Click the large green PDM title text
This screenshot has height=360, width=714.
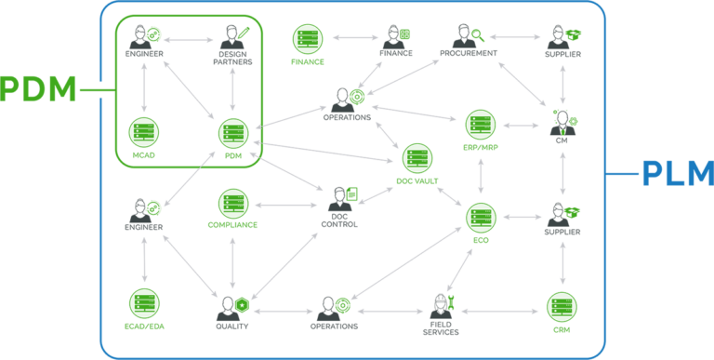point(38,91)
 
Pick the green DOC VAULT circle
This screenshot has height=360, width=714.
point(417,158)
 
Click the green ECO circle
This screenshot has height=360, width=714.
point(481,217)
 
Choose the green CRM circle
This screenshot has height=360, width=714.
point(562,307)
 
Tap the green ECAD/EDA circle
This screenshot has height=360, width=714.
point(144,303)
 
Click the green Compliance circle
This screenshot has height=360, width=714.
point(232,204)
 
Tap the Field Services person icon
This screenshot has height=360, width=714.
point(442,304)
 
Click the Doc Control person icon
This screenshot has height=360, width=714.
point(340,198)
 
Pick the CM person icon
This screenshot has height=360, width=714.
point(562,121)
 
